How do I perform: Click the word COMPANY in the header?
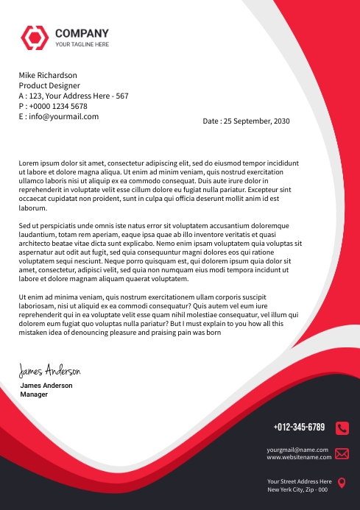(x=82, y=33)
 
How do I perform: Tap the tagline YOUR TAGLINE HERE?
(x=82, y=45)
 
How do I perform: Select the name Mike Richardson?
(x=48, y=75)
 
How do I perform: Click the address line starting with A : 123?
(x=74, y=96)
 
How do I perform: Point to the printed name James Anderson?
(x=46, y=386)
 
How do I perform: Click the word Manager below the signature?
(x=34, y=394)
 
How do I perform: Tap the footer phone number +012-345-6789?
(x=299, y=427)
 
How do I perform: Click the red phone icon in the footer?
(x=342, y=428)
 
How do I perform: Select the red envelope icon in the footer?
(x=342, y=453)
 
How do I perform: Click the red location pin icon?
(x=342, y=484)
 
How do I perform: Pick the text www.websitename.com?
(x=299, y=457)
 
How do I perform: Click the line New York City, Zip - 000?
(x=297, y=489)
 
